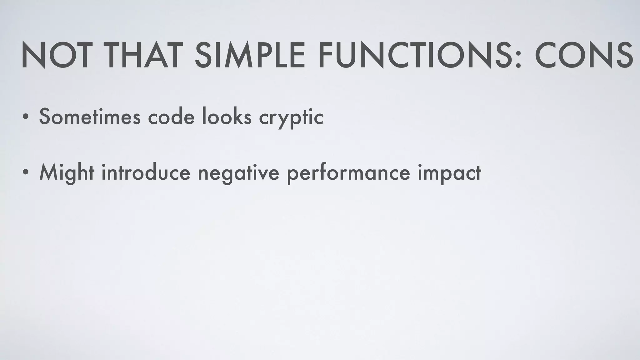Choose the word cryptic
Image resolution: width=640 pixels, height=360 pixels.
[291, 119]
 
